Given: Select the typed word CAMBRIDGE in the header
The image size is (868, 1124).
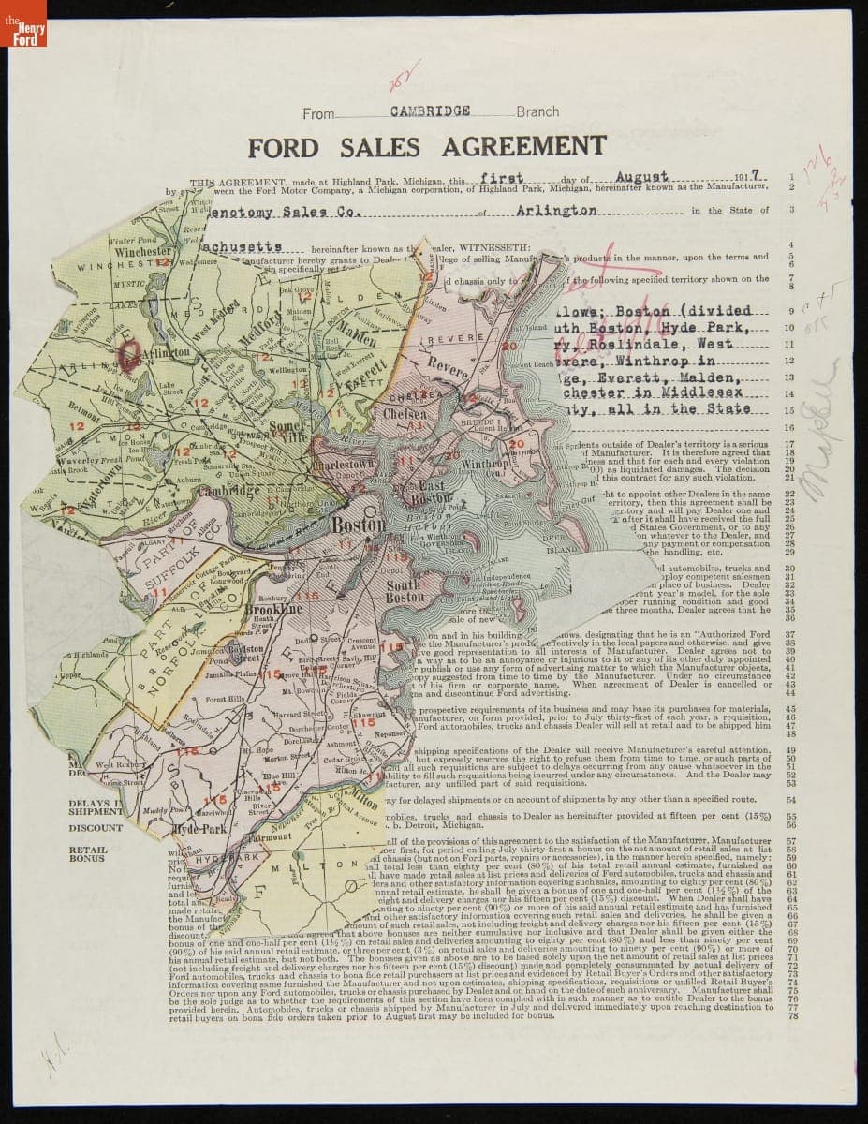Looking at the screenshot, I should (430, 111).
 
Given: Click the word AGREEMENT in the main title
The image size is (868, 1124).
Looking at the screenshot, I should (523, 147).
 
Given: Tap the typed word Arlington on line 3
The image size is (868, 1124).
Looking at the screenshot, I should (556, 211).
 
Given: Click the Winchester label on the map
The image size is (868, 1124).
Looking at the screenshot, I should (143, 252).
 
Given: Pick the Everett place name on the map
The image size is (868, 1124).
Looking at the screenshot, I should (355, 373).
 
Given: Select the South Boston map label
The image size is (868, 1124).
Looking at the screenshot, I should (405, 592).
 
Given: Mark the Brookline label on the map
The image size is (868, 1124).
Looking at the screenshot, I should (272, 609).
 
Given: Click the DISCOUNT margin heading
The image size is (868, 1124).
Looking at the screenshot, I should (96, 828).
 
